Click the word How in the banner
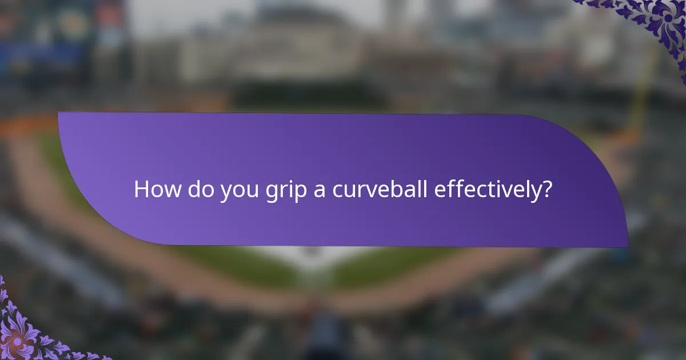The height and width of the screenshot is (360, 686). pyautogui.click(x=155, y=189)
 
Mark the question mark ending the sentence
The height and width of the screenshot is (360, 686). pyautogui.click(x=547, y=189)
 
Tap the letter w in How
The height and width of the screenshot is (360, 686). pyautogui.click(x=169, y=191)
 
